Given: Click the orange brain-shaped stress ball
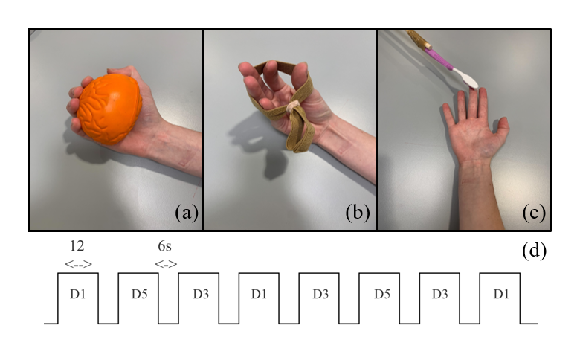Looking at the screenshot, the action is (109, 109).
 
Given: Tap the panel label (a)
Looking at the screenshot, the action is (187, 213).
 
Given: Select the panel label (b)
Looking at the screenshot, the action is (358, 213).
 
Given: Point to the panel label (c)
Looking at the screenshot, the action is (534, 213).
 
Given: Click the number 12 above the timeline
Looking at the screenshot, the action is (77, 245).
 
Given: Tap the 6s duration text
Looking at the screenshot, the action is (164, 245).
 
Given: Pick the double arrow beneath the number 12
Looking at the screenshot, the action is (78, 264).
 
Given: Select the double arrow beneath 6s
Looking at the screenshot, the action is (166, 264).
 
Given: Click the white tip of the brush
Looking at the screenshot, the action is (466, 78).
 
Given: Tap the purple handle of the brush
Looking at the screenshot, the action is (439, 59).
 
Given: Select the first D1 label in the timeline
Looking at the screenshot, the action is (77, 294).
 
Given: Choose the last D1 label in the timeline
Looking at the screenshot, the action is (501, 294).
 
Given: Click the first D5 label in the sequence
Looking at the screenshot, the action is (139, 294).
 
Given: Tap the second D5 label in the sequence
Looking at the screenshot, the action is (381, 294).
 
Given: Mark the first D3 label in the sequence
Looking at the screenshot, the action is (201, 294).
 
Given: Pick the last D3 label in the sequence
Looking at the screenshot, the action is (439, 294).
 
